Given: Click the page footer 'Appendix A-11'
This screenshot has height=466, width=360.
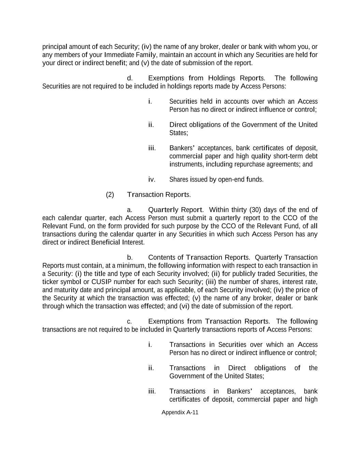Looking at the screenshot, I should pos(180,412).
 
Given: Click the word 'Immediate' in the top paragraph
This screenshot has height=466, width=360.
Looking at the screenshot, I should pos(117,55).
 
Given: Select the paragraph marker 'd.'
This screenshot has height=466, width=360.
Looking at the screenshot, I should pos(130,78).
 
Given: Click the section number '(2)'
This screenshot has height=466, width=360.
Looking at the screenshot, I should pos(110,195).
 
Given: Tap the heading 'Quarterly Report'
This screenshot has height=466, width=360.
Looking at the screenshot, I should pos(175,210).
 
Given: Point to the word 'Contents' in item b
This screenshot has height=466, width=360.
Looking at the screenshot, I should pos(161,257).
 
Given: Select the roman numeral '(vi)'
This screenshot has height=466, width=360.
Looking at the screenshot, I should pos(184,306).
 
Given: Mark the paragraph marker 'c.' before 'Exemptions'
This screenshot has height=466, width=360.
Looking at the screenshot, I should pos(129,322).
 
